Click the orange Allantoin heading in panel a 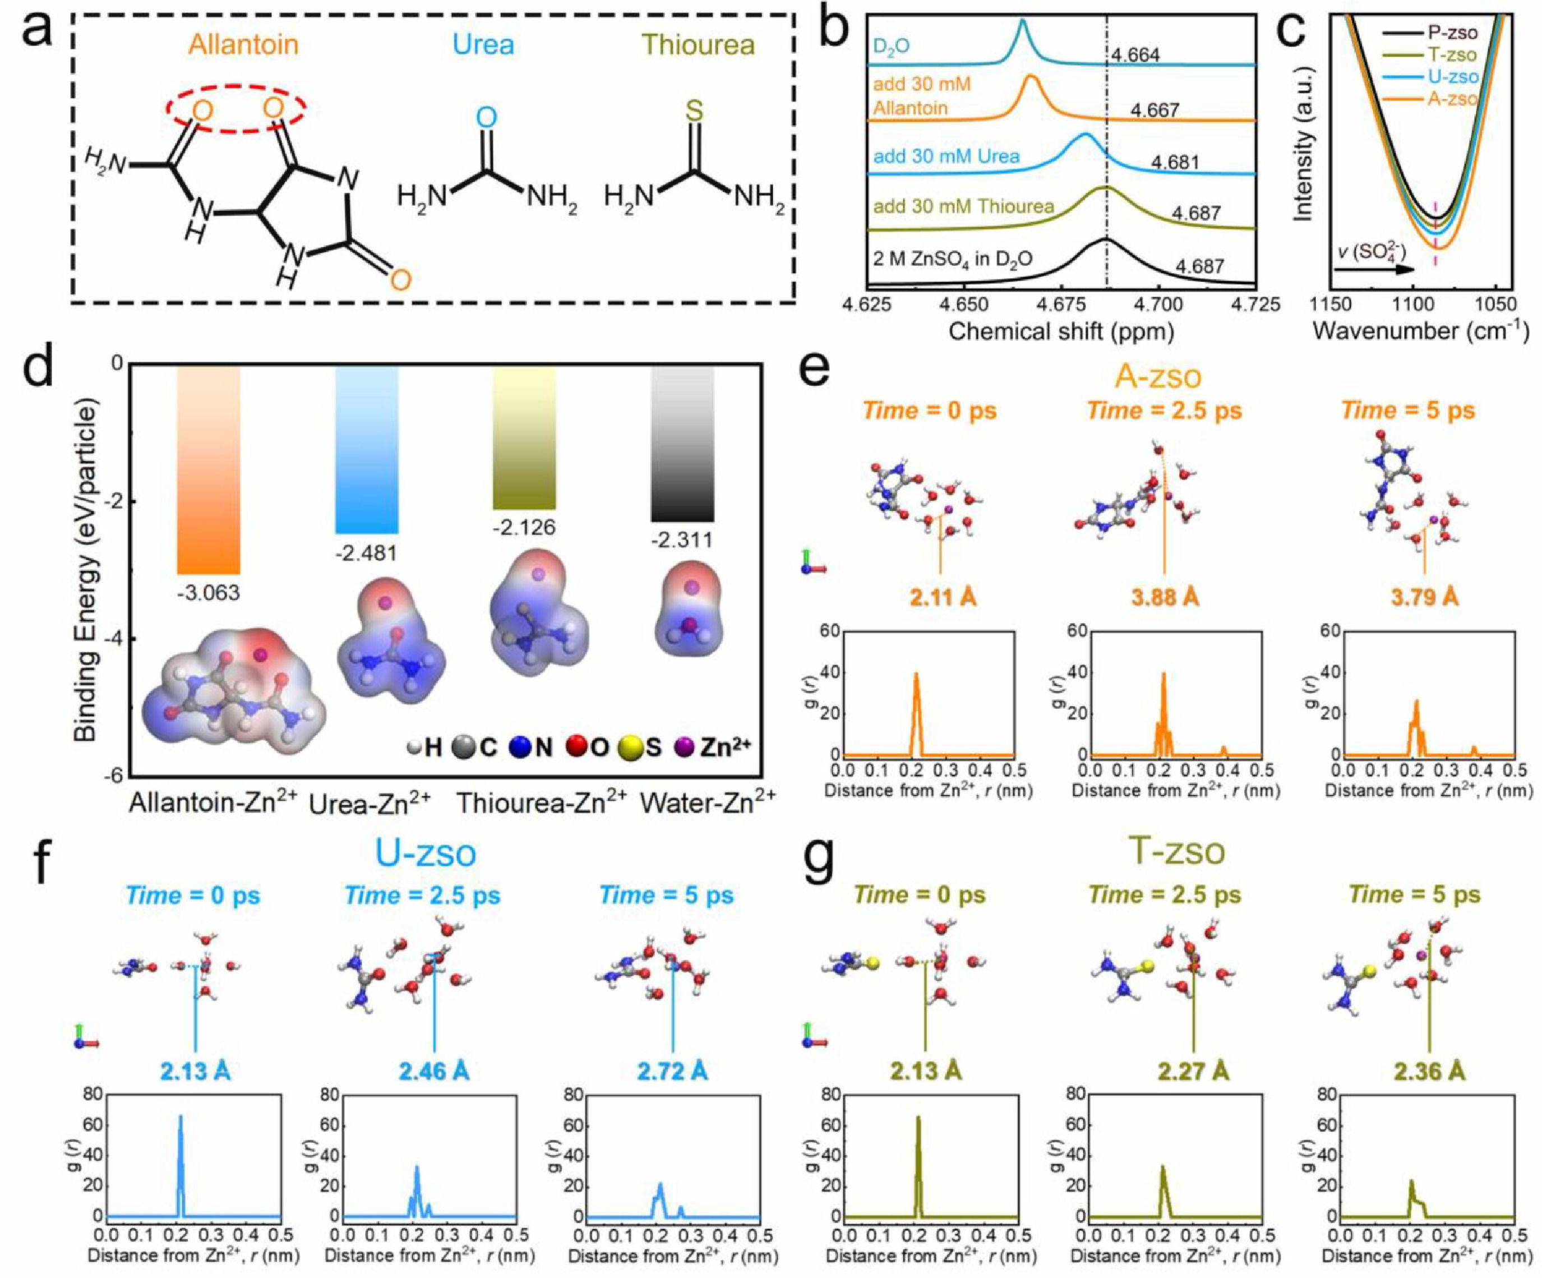243,45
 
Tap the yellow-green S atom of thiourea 694,112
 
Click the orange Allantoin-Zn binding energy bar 209,470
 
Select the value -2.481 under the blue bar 366,552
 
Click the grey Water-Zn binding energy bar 683,444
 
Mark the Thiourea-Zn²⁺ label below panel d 542,803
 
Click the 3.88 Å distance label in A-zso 1164,597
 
